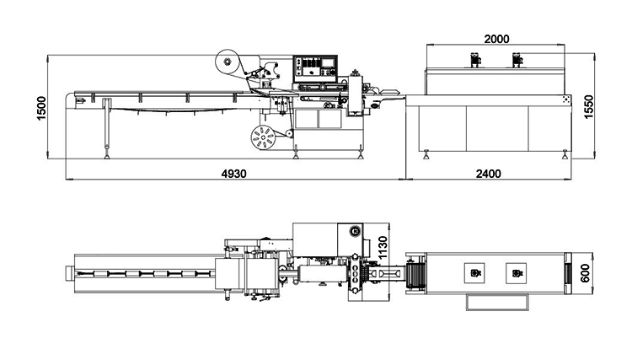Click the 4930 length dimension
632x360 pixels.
233,174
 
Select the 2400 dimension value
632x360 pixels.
489,174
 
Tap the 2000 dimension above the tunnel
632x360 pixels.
496,39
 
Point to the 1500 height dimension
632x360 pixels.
41,108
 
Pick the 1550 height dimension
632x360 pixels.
589,107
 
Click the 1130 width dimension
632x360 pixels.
383,248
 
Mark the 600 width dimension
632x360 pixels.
586,273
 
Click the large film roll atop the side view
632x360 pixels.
227,62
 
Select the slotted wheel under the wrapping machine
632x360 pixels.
263,138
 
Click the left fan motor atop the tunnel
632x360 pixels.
475,60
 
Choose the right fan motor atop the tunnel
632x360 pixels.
517,60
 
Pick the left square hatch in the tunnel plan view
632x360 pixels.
474,273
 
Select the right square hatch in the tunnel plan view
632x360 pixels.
516,273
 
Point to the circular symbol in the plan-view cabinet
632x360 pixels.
355,231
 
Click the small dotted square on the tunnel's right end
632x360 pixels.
566,100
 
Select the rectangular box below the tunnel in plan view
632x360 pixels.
497,303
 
